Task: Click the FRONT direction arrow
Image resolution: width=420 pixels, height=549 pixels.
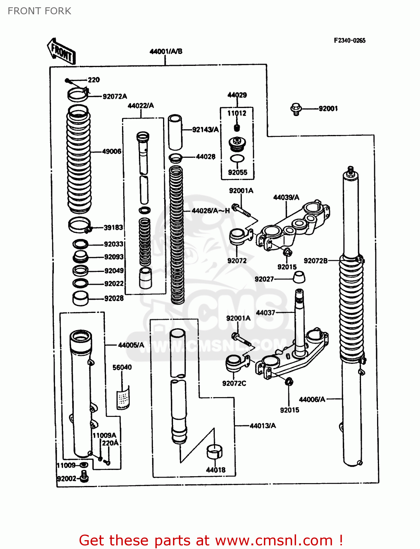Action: tap(61, 52)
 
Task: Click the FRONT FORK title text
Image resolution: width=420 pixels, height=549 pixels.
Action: tap(39, 11)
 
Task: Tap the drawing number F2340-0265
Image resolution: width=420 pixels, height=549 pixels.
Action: tap(349, 41)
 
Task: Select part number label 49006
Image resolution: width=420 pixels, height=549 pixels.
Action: tap(112, 152)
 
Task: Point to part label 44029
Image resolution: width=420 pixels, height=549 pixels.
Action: tap(237, 95)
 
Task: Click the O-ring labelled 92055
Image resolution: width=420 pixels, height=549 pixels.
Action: tap(237, 159)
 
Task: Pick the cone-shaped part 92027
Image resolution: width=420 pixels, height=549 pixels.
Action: tap(299, 277)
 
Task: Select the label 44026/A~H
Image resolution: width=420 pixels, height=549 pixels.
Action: tap(211, 211)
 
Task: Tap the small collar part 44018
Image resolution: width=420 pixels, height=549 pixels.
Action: tap(215, 452)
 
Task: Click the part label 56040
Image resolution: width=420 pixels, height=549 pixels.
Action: tap(122, 367)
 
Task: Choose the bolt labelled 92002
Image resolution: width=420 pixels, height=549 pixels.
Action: tap(84, 476)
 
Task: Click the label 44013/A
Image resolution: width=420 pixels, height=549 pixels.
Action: tap(263, 426)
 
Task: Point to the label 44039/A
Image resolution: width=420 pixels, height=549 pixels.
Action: tap(286, 198)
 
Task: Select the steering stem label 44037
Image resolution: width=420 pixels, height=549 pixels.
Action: tap(265, 313)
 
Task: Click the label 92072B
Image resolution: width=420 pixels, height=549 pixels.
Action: tap(316, 261)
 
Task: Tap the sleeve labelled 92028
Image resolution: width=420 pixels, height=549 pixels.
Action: tap(80, 298)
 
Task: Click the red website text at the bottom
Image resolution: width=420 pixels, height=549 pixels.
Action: tap(211, 540)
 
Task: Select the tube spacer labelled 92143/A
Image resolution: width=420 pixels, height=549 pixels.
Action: tap(175, 132)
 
